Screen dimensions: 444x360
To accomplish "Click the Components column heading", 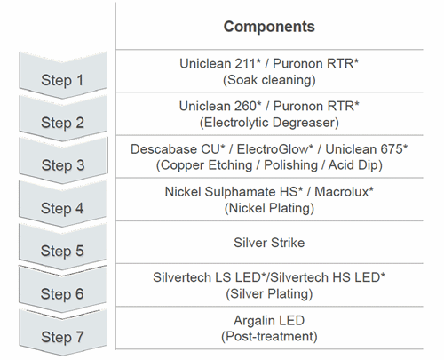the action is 269,27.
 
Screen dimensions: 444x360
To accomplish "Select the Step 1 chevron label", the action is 62,80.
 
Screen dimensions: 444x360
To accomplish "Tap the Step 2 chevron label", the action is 62,123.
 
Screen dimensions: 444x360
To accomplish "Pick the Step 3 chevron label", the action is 63,165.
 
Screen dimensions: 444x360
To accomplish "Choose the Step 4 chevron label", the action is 62,208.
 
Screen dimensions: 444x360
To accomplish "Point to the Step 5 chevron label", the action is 62,251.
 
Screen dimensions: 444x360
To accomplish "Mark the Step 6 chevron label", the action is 62,294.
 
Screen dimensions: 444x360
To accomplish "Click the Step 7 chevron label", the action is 62,337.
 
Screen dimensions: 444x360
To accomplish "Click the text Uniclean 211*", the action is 220,63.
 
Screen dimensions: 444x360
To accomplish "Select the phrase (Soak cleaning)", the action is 269,80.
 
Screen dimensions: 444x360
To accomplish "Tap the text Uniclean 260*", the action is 220,106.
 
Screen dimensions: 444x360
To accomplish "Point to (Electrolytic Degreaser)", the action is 269,123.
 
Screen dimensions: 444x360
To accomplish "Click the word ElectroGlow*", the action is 274,149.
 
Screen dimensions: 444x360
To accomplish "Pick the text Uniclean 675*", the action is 367,149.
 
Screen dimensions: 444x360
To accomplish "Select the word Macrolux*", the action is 344,192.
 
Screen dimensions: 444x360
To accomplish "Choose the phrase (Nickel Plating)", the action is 269,208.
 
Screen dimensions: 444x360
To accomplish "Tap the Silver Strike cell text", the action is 269,243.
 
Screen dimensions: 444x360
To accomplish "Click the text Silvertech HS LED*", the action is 328,277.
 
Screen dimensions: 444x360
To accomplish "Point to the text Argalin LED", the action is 269,321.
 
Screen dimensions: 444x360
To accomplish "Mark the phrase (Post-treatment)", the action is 269,337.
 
